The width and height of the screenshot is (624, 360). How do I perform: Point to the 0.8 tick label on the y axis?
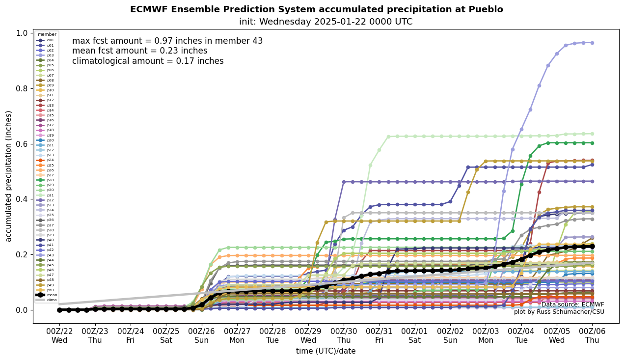pyautogui.click(x=22, y=88)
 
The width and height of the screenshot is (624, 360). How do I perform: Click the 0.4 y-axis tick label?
pyautogui.click(x=22, y=199)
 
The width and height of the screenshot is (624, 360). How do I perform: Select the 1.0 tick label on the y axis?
pyautogui.click(x=22, y=33)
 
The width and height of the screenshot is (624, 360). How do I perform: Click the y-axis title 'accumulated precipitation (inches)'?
pyautogui.click(x=9, y=176)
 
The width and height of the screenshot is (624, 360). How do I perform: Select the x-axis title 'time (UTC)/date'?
pyautogui.click(x=326, y=351)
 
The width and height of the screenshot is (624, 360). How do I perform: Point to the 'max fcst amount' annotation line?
pyautogui.click(x=167, y=41)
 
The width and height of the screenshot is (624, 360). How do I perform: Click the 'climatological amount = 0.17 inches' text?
pyautogui.click(x=148, y=61)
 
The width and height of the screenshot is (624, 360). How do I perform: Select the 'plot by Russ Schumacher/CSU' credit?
pyautogui.click(x=559, y=312)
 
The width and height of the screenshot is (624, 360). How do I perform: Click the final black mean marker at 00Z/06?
pyautogui.click(x=592, y=247)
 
